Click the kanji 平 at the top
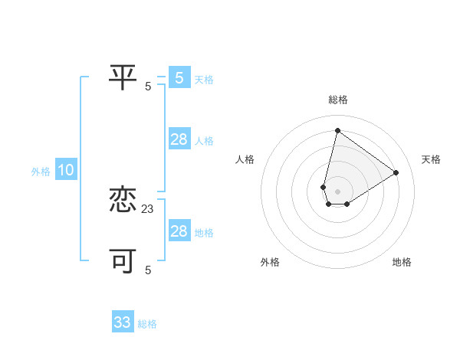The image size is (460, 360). click(x=123, y=77)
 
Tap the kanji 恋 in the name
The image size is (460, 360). click(x=123, y=200)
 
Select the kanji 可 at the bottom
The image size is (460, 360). click(x=123, y=260)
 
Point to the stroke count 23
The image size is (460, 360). click(x=148, y=208)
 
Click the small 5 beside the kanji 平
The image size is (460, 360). click(x=148, y=86)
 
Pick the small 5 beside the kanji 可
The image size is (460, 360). click(x=148, y=270)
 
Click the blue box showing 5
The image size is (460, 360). click(x=179, y=77)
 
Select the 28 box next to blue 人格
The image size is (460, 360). click(x=179, y=139)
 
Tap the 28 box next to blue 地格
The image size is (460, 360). click(x=179, y=231)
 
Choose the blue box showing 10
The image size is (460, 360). click(x=66, y=171)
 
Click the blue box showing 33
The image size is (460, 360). click(x=123, y=322)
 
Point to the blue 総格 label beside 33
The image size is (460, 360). click(x=147, y=324)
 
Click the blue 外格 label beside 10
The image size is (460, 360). click(x=41, y=172)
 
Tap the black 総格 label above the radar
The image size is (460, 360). click(x=338, y=100)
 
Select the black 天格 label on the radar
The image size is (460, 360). click(x=431, y=159)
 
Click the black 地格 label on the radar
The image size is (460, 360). click(x=402, y=262)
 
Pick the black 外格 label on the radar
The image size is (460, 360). click(x=270, y=262)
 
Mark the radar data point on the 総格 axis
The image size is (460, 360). click(x=337, y=130)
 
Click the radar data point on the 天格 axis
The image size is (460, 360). click(x=396, y=172)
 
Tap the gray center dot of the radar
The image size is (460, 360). click(x=337, y=191)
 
